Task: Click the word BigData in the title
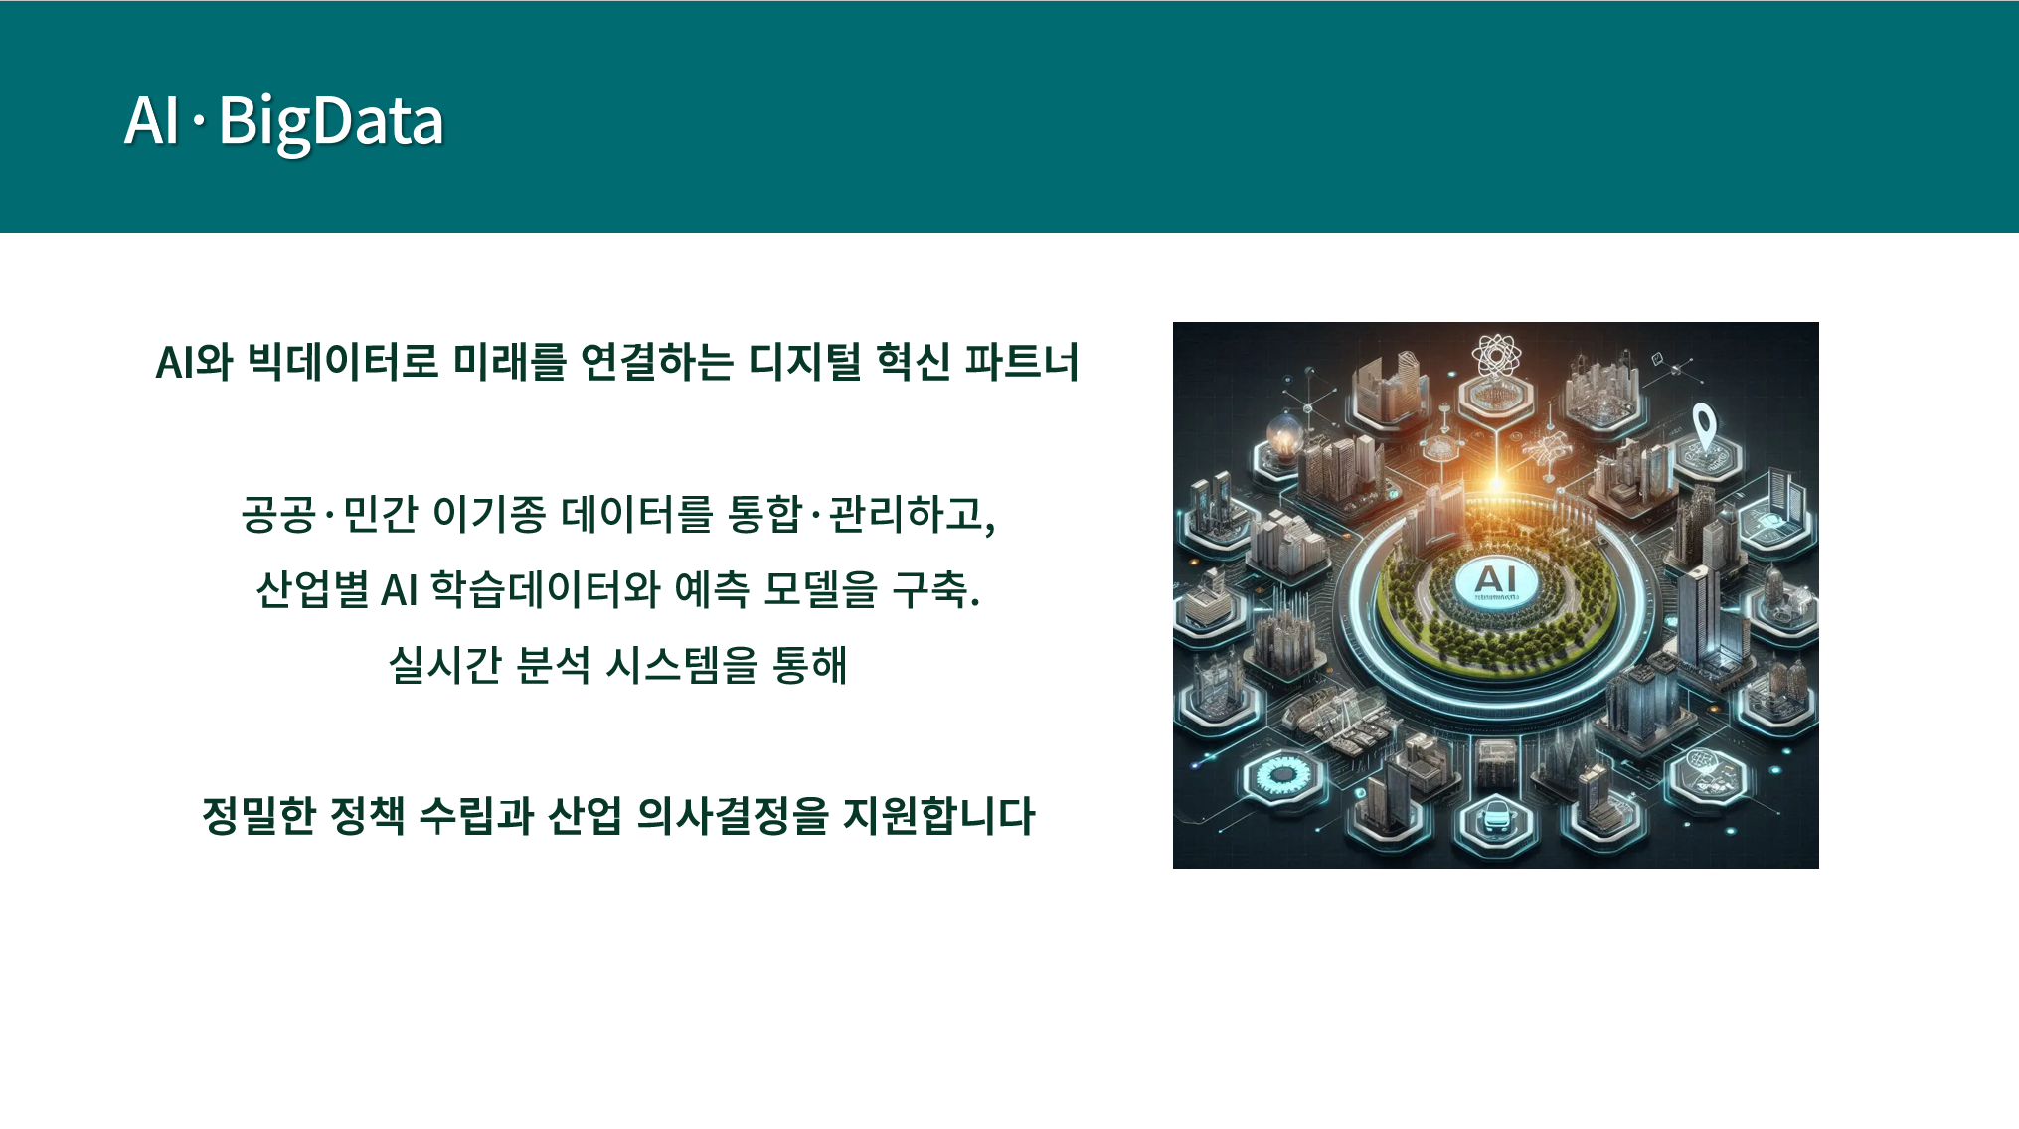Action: point(330,122)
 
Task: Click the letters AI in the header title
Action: point(151,121)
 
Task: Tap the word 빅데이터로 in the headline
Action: point(343,361)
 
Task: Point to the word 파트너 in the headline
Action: point(1022,361)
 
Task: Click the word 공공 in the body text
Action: point(278,514)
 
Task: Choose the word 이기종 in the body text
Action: point(489,514)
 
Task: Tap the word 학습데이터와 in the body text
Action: point(545,589)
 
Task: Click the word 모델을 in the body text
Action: point(821,589)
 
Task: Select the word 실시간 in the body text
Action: point(444,665)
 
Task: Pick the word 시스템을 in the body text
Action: point(682,665)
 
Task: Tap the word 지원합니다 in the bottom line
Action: point(939,816)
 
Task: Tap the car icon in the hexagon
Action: point(1496,818)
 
